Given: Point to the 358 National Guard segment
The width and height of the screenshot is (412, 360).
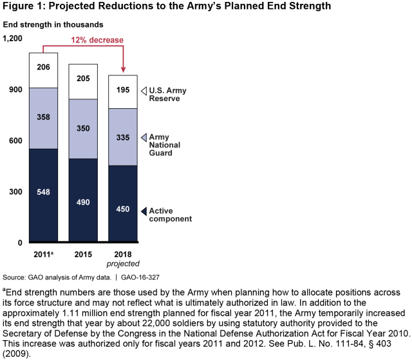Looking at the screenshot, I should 44,117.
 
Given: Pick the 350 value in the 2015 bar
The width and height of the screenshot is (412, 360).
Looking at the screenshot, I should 84,128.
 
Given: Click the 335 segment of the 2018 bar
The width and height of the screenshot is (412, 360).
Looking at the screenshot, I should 122,137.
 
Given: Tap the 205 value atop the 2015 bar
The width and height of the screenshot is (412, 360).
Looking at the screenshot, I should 84,77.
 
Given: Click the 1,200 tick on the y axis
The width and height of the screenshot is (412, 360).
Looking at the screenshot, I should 13,39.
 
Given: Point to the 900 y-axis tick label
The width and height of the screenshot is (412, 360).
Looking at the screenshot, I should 15,90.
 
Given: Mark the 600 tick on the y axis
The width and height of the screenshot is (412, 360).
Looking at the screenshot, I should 15,141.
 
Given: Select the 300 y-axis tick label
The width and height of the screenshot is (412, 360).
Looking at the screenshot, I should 15,192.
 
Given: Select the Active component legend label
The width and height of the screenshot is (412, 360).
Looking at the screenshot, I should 171,215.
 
